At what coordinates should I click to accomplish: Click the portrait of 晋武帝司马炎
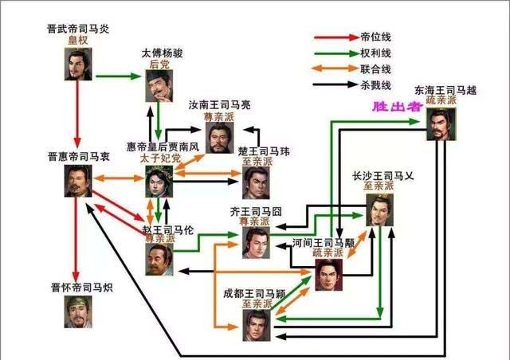(77, 65)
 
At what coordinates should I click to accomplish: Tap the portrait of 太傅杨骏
(159, 86)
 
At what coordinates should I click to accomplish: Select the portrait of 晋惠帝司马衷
(77, 181)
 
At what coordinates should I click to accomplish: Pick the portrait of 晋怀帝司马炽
(77, 311)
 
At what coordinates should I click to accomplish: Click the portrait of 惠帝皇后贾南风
(159, 181)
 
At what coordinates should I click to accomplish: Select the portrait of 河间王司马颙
(328, 275)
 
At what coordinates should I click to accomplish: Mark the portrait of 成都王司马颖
(256, 327)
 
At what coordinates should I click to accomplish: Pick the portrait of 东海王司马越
(441, 124)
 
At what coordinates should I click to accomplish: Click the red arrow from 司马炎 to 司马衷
(77, 115)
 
